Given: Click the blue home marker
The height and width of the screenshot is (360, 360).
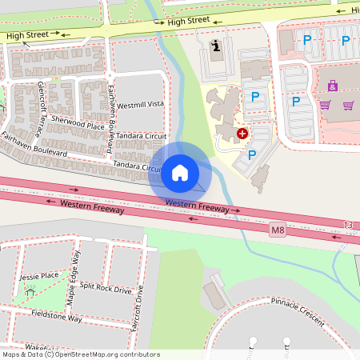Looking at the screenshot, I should [179, 173].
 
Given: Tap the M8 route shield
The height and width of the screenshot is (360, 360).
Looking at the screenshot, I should [278, 230].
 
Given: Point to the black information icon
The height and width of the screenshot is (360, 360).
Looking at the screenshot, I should [214, 46].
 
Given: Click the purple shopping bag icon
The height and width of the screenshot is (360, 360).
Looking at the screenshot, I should [332, 86].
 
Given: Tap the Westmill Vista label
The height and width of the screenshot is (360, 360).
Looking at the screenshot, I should [140, 105].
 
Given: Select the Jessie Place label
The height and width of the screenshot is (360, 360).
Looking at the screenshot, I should [39, 275].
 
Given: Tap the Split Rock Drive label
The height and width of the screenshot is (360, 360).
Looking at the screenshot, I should [106, 288].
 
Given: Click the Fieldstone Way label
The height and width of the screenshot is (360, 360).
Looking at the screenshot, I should [58, 318].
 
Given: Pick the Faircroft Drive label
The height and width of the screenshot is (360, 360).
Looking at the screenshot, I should [140, 303].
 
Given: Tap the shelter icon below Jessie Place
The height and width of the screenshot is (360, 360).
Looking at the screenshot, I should [30, 291].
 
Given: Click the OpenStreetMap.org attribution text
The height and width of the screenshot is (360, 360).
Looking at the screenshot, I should [107, 354].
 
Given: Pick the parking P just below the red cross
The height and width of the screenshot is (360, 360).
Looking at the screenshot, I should [252, 155].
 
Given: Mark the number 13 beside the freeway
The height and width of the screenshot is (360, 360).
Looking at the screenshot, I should [346, 226].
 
